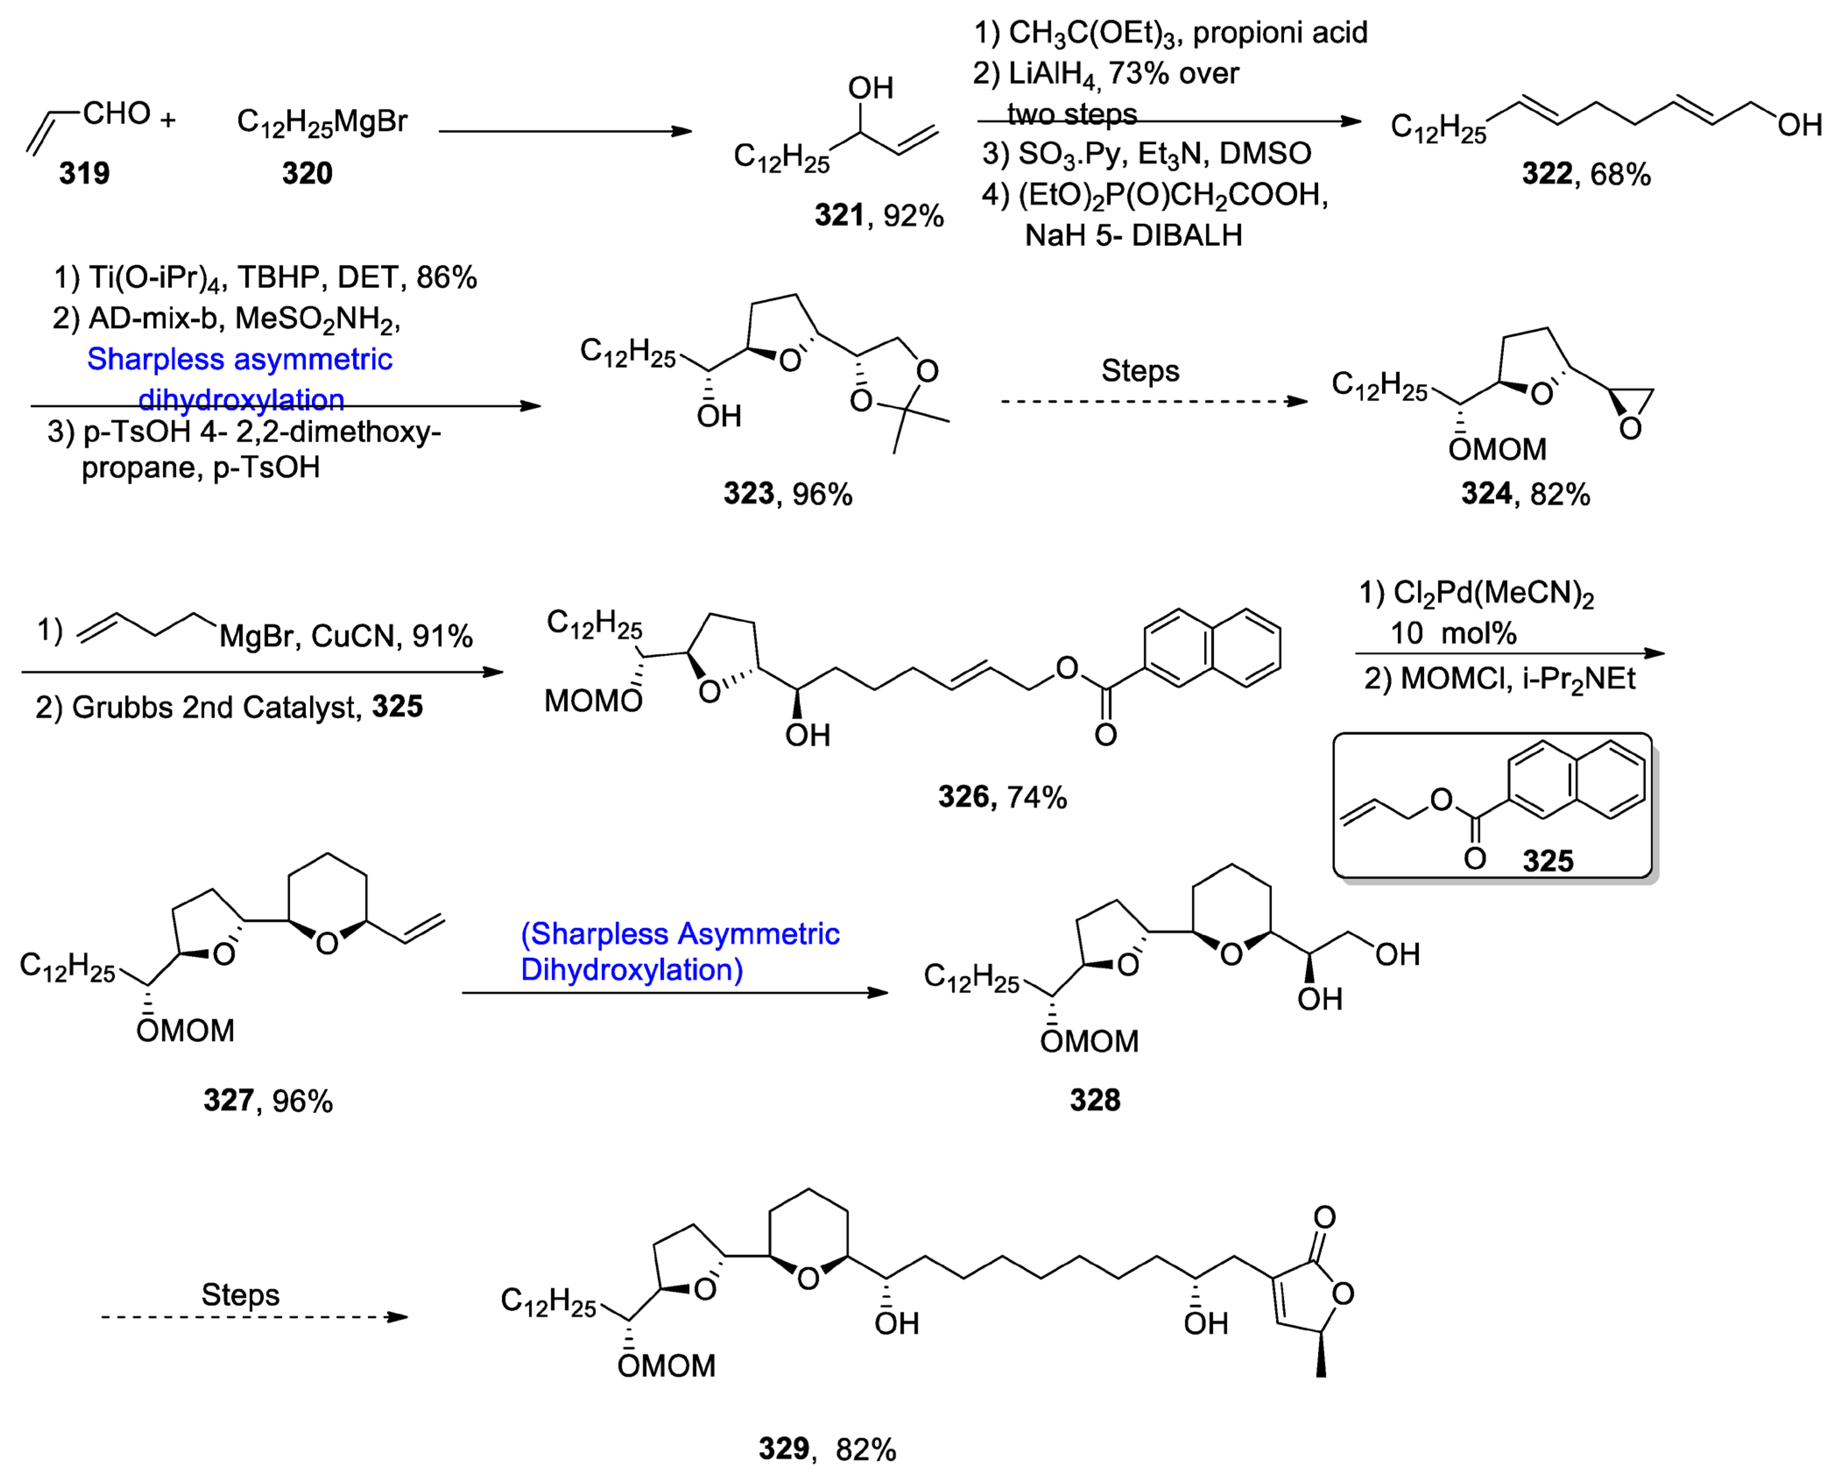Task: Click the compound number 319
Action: pos(84,173)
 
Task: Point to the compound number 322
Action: pos(1546,174)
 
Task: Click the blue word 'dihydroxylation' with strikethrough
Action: pos(241,400)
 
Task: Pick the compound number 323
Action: pos(748,493)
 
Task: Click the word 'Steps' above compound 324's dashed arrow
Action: pos(1140,371)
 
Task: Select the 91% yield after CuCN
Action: pos(442,636)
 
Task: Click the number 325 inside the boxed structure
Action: pos(1548,861)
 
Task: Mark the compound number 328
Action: pos(1095,1100)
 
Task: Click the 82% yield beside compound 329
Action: pos(866,1450)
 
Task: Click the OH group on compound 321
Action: pos(870,88)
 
